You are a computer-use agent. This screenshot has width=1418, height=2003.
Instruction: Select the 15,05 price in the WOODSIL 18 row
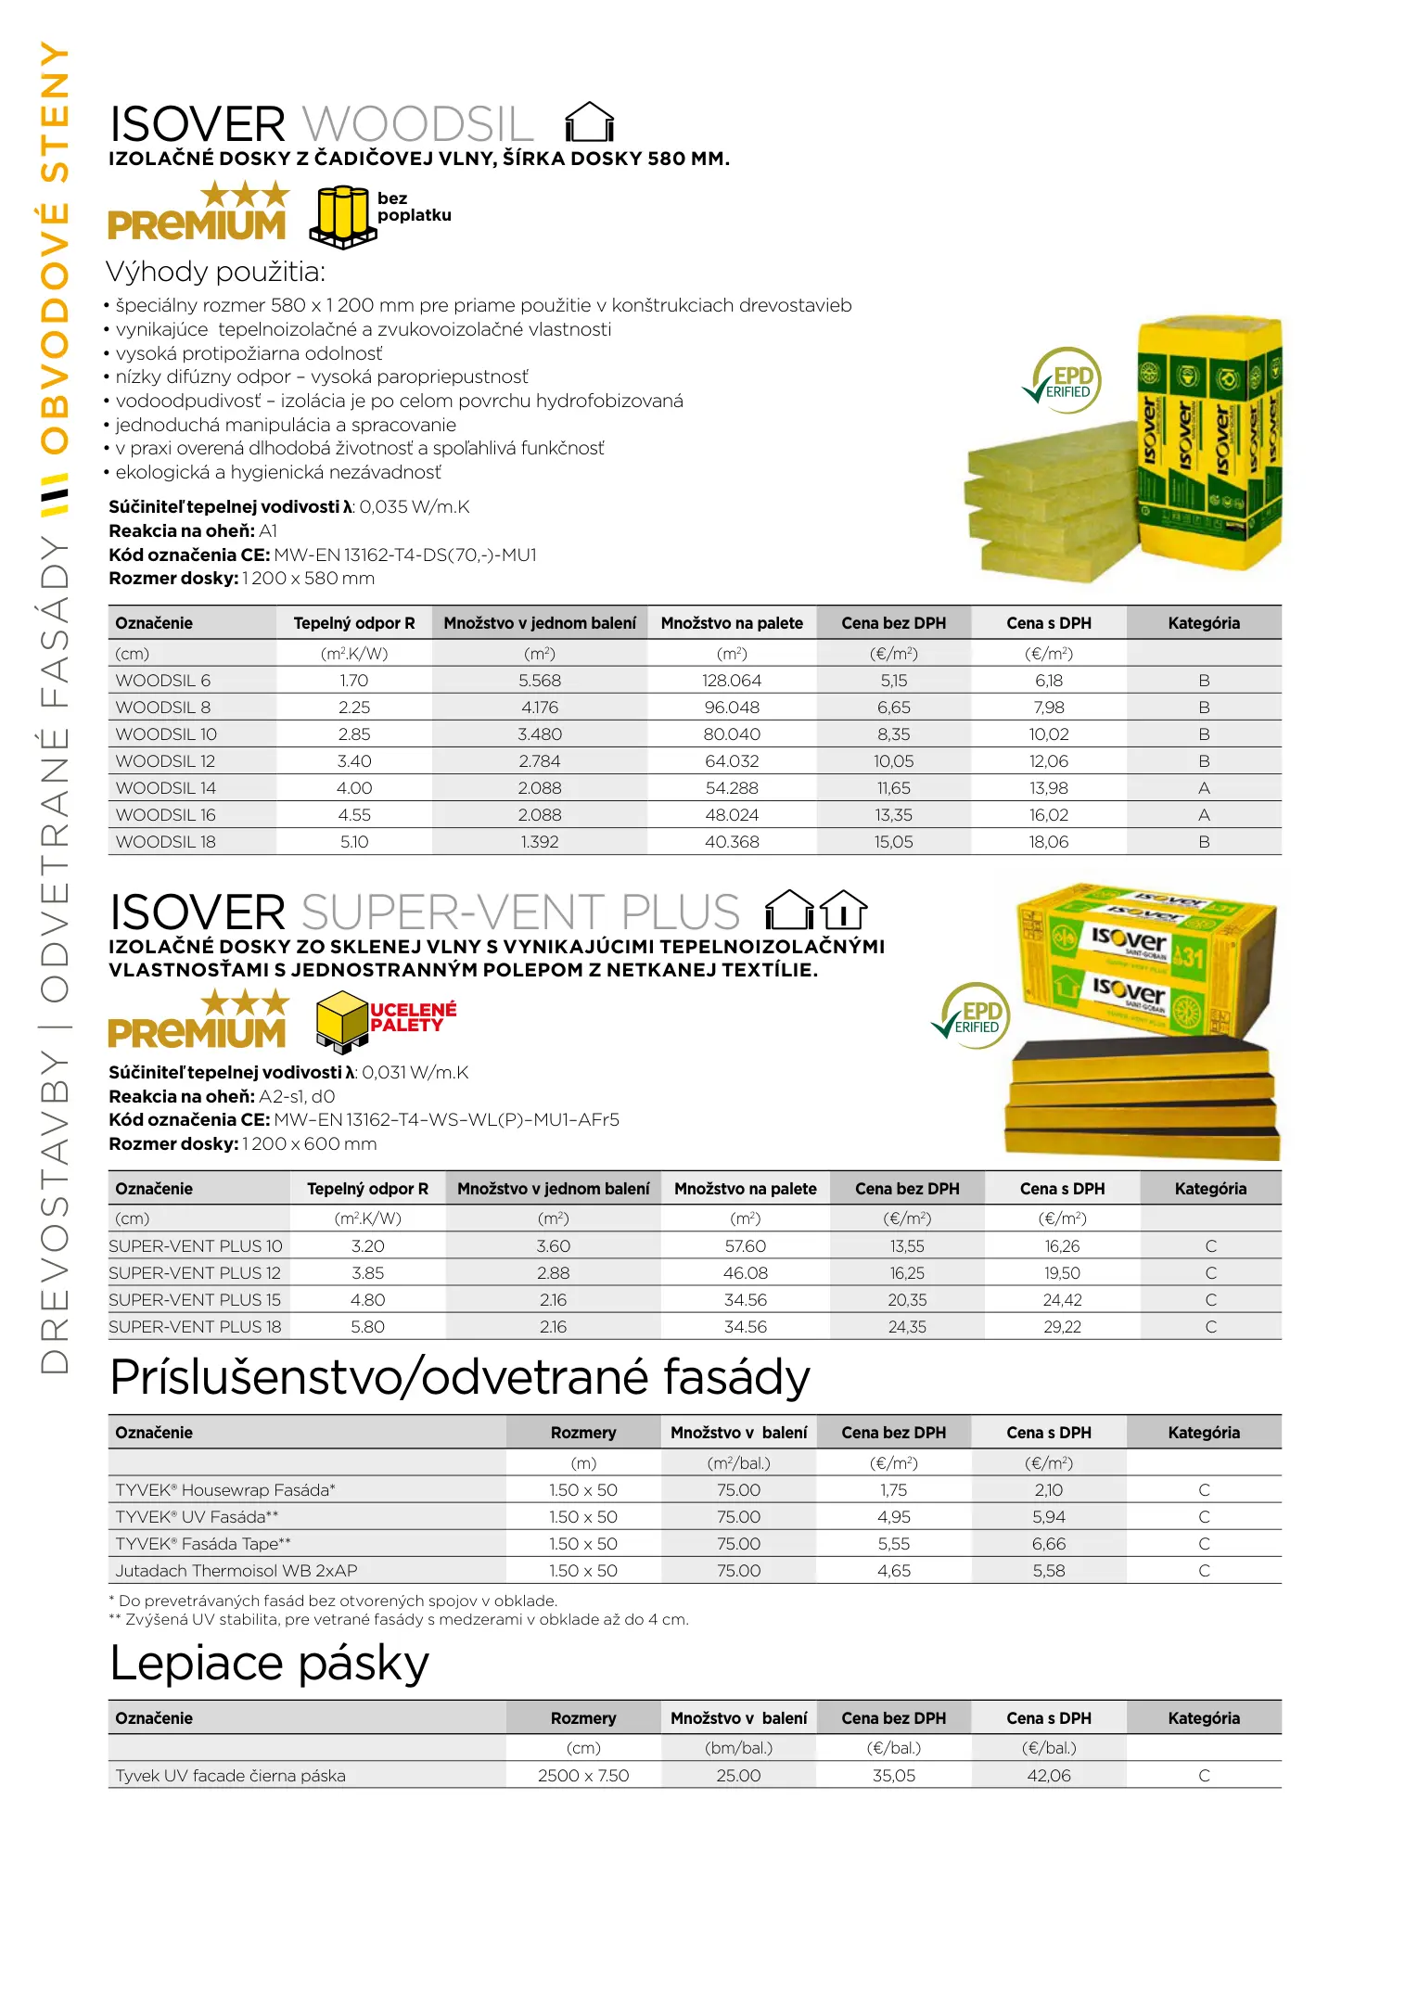[x=893, y=842]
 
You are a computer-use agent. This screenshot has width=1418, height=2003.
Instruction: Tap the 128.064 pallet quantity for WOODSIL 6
[x=731, y=681]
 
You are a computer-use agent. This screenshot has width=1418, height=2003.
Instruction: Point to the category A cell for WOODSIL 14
[x=1203, y=788]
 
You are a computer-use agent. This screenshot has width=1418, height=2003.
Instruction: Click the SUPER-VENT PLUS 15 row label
[x=195, y=1300]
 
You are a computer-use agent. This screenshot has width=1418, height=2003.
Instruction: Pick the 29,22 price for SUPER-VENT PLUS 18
[x=1062, y=1327]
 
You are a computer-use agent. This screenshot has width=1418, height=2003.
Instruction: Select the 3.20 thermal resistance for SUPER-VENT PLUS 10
[x=367, y=1246]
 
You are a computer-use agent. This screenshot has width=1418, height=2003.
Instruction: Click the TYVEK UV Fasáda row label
[x=197, y=1517]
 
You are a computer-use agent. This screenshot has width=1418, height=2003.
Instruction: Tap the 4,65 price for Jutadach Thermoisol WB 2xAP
[x=893, y=1571]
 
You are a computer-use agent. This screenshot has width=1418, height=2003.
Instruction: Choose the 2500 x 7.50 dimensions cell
[x=582, y=1776]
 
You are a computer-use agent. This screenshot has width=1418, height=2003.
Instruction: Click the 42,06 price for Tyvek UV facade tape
[x=1048, y=1776]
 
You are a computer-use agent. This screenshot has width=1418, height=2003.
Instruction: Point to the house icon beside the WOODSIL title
[x=589, y=122]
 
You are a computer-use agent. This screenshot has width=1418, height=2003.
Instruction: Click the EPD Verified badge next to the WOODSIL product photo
[x=1064, y=380]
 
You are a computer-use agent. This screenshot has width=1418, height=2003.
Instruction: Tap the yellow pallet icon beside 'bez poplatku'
[x=342, y=217]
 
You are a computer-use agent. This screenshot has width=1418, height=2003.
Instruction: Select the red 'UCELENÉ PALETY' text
[x=413, y=1017]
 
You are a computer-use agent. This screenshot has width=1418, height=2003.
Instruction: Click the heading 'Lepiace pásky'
[x=269, y=1664]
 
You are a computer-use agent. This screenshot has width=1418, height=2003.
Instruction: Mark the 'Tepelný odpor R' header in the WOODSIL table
[x=353, y=623]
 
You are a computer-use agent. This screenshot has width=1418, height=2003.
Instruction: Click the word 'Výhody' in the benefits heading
[x=157, y=272]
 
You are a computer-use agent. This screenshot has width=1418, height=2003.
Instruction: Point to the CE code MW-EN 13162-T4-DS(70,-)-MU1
[x=405, y=555]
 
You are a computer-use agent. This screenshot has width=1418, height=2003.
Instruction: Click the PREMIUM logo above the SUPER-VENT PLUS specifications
[x=198, y=1021]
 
